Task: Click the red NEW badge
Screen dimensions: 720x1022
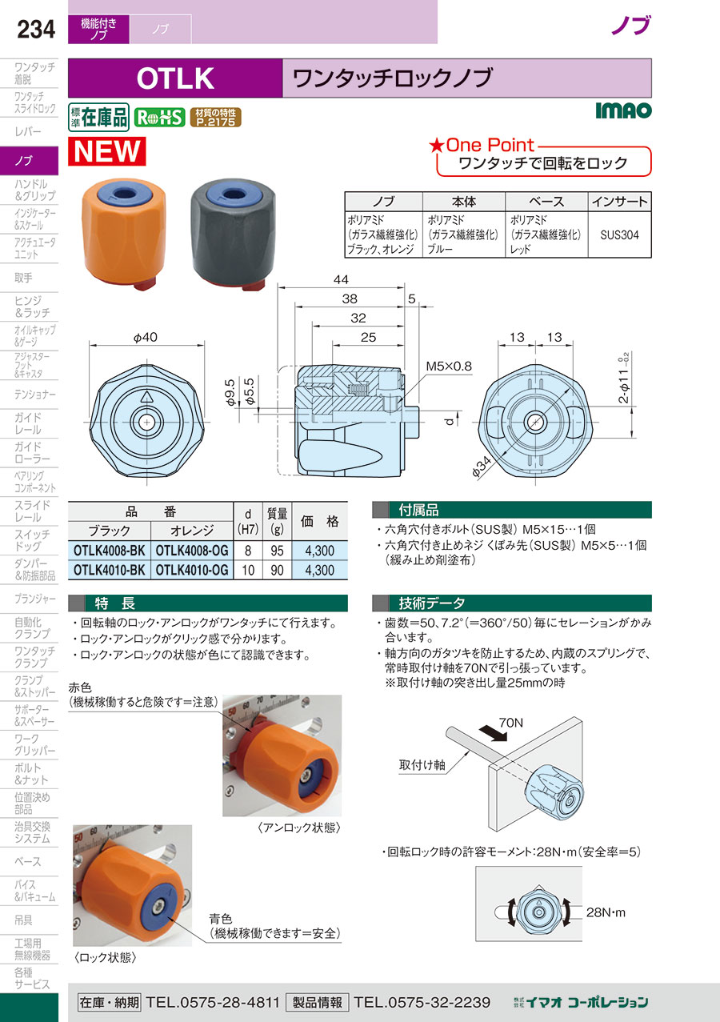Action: [x=107, y=151]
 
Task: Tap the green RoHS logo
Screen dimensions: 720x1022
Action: [x=159, y=118]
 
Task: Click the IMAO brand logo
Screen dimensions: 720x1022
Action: [x=623, y=110]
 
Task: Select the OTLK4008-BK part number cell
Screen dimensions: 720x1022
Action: [x=110, y=551]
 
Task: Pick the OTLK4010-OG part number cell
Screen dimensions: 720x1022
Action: [x=192, y=571]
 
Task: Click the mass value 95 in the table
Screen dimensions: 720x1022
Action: [x=277, y=551]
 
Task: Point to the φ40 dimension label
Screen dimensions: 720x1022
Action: [x=145, y=338]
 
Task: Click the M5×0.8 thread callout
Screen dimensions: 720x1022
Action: [x=449, y=367]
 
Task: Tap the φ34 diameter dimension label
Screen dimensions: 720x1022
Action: [x=482, y=467]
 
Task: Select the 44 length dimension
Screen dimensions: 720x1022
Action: [x=341, y=279]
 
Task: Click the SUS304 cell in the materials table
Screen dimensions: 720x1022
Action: [x=620, y=235]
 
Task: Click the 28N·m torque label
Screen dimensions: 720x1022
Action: [x=606, y=912]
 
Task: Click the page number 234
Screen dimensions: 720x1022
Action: [x=36, y=30]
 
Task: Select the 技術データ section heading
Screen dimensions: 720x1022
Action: [x=431, y=603]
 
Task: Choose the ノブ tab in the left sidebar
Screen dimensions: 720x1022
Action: [x=29, y=161]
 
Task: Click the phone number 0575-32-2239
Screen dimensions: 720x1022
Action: [x=422, y=1002]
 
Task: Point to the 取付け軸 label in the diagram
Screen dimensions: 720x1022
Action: [x=422, y=764]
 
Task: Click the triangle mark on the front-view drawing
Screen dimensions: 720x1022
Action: [x=146, y=396]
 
